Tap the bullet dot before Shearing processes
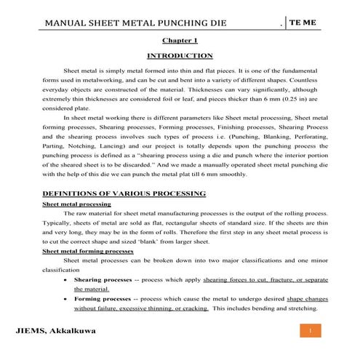[67, 279]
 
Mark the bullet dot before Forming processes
[67, 298]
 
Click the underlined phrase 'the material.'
[95, 289]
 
